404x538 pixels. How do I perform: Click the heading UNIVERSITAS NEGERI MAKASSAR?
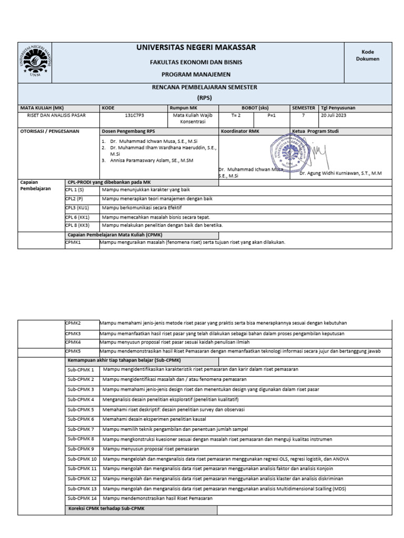196,48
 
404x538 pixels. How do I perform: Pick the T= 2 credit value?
236,115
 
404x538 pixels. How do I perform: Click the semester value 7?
304,115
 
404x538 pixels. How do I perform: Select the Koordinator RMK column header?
240,131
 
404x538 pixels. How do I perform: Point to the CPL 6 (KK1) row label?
77,216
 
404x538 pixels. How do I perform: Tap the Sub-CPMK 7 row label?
80,429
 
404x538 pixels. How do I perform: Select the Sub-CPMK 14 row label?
82,498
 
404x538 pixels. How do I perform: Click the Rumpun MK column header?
182,107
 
